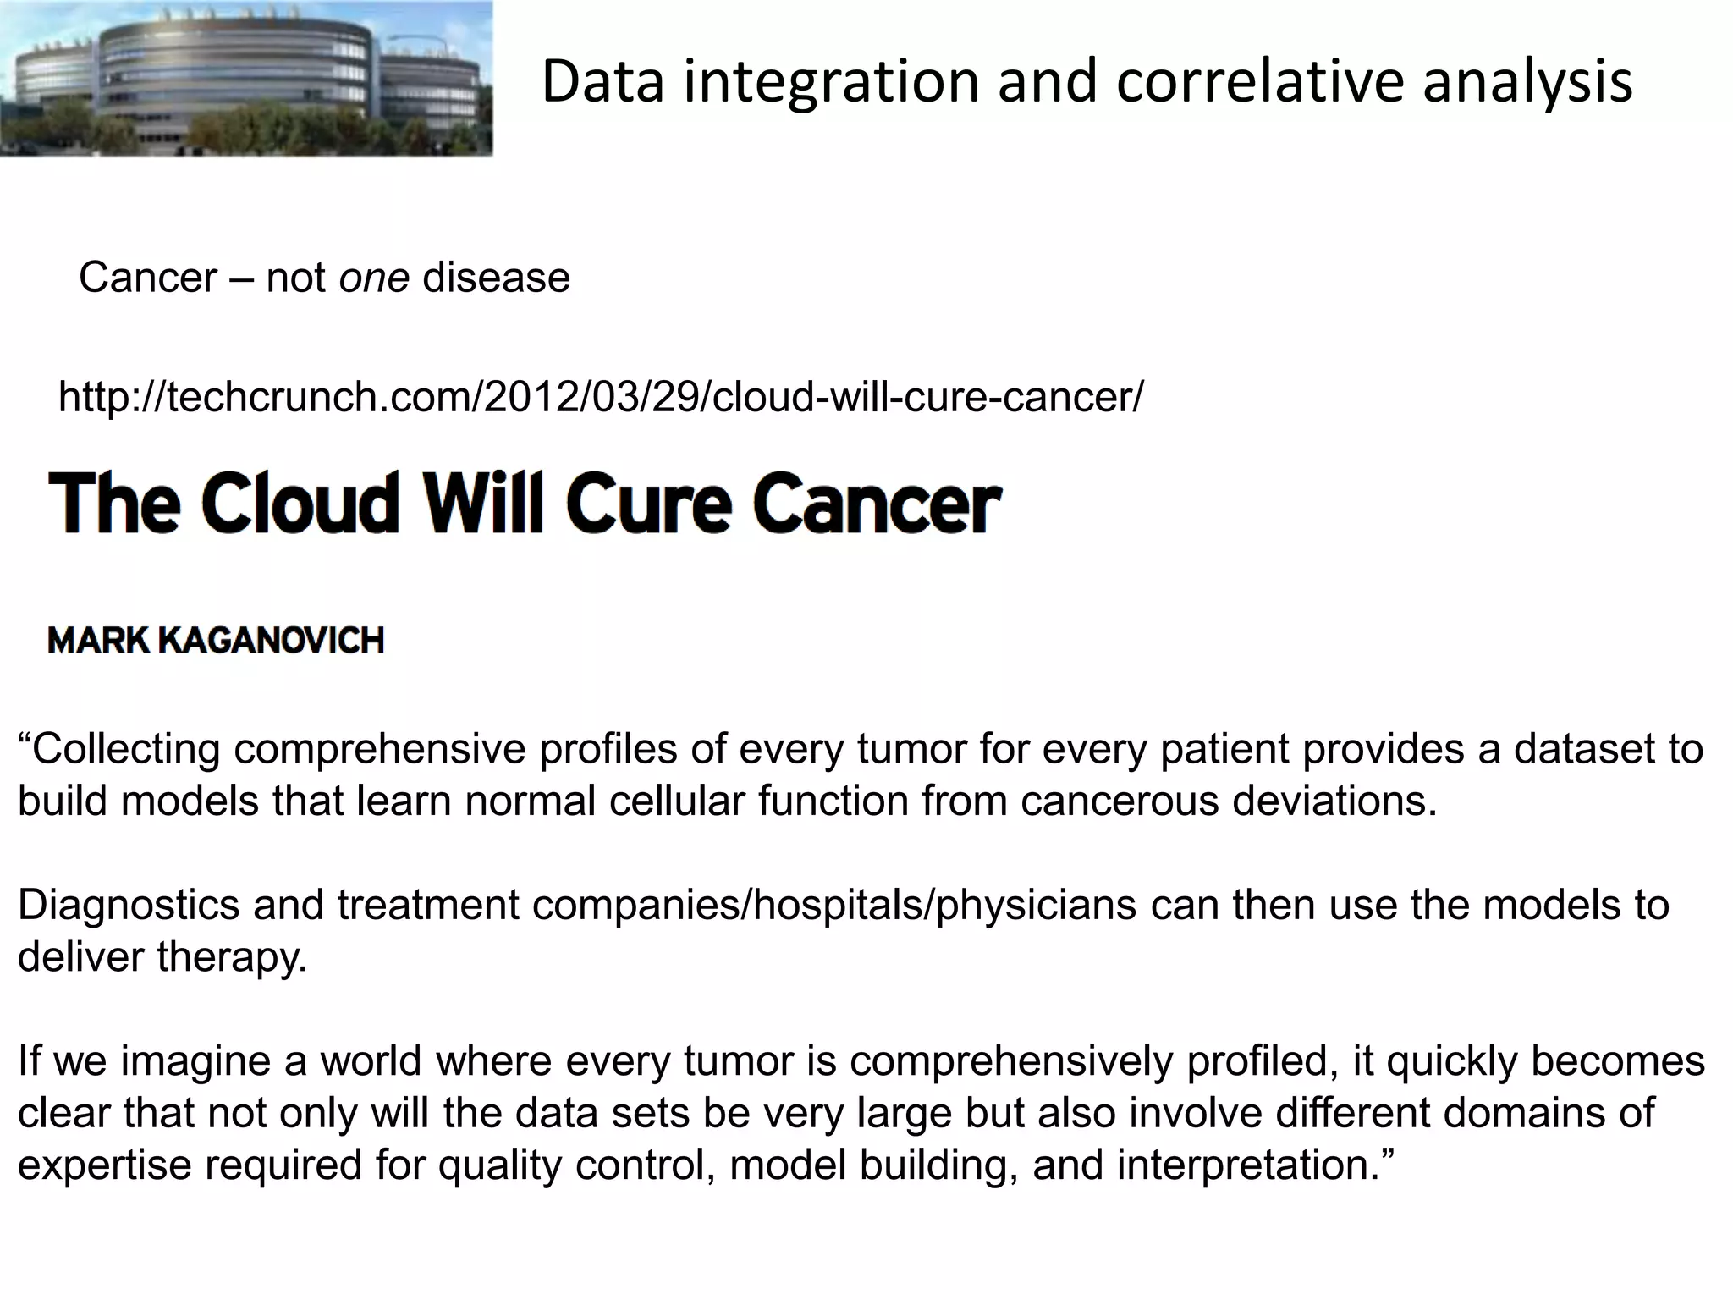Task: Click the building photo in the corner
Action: tap(245, 79)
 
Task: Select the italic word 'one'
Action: tap(374, 278)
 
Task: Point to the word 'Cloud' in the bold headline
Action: tap(300, 503)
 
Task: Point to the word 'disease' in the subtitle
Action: tap(496, 278)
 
